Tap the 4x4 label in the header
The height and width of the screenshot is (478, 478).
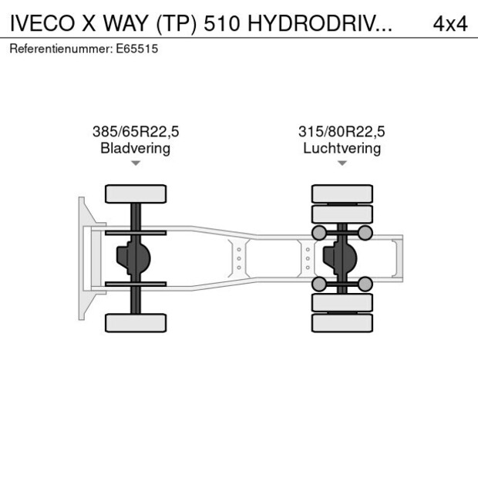click(449, 23)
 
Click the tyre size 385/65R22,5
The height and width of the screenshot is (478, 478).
click(136, 132)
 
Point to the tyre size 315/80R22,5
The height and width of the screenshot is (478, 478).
click(342, 132)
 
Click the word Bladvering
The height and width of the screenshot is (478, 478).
click(136, 148)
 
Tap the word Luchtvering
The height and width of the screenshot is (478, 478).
click(342, 148)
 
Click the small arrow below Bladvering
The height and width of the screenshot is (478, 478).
click(136, 163)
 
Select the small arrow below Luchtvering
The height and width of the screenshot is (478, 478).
click(342, 163)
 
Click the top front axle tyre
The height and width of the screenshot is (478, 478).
click(136, 194)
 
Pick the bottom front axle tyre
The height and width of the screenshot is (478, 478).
click(136, 322)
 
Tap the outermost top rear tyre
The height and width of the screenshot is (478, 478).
click(342, 194)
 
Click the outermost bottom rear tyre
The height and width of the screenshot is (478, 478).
click(342, 323)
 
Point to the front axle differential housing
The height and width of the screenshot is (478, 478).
click(131, 258)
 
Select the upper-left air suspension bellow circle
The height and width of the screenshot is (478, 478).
click(318, 232)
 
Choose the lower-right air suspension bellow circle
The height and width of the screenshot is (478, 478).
click(365, 284)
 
